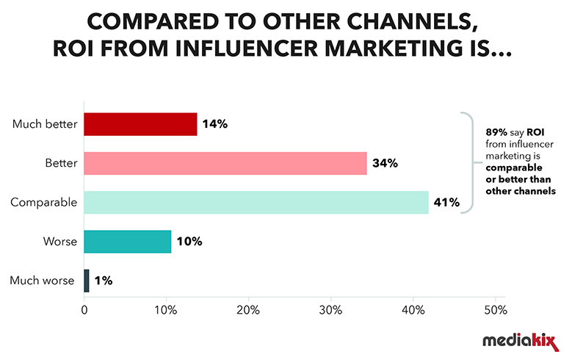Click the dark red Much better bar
click(x=140, y=124)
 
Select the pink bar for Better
click(x=225, y=163)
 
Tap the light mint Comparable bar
click(x=256, y=202)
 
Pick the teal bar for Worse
click(x=128, y=241)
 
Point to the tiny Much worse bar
click(x=87, y=280)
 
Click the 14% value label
click(x=216, y=124)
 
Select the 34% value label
click(x=385, y=163)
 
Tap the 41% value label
click(x=446, y=202)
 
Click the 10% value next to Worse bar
click(x=189, y=241)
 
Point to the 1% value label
click(x=104, y=280)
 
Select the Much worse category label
click(x=43, y=280)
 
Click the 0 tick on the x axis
click(x=84, y=310)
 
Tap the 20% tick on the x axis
click(x=248, y=310)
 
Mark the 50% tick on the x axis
click(x=495, y=310)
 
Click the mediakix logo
click(x=517, y=341)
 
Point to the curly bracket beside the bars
click(x=466, y=163)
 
